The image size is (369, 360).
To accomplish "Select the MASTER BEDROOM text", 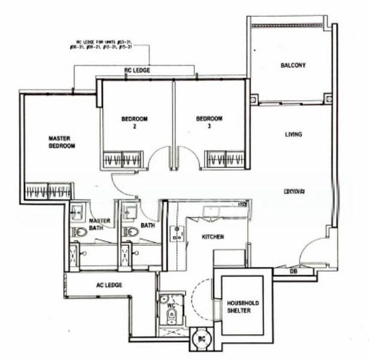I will [x=62, y=142].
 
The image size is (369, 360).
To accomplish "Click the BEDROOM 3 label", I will [x=208, y=122].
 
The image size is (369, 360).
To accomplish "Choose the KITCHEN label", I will [x=212, y=237].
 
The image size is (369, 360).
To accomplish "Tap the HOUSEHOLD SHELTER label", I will [x=243, y=307].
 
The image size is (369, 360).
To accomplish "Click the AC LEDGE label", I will [x=109, y=285].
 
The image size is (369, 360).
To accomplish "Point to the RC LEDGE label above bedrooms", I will [x=137, y=70].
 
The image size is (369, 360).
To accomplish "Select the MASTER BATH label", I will [x=100, y=224].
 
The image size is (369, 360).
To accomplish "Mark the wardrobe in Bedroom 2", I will [x=123, y=159].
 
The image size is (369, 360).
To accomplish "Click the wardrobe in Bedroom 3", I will [x=224, y=159].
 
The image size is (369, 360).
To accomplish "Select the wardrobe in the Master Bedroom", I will [x=48, y=191].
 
